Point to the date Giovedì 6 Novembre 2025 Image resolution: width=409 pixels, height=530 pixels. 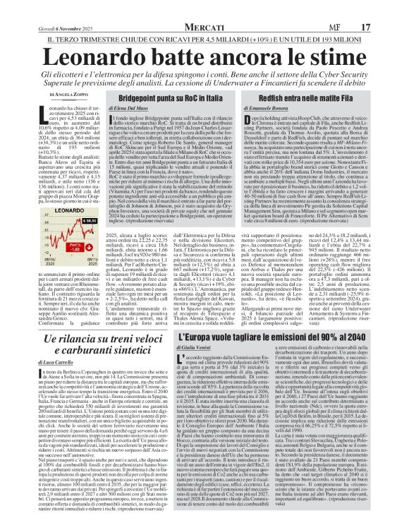(38, 6)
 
